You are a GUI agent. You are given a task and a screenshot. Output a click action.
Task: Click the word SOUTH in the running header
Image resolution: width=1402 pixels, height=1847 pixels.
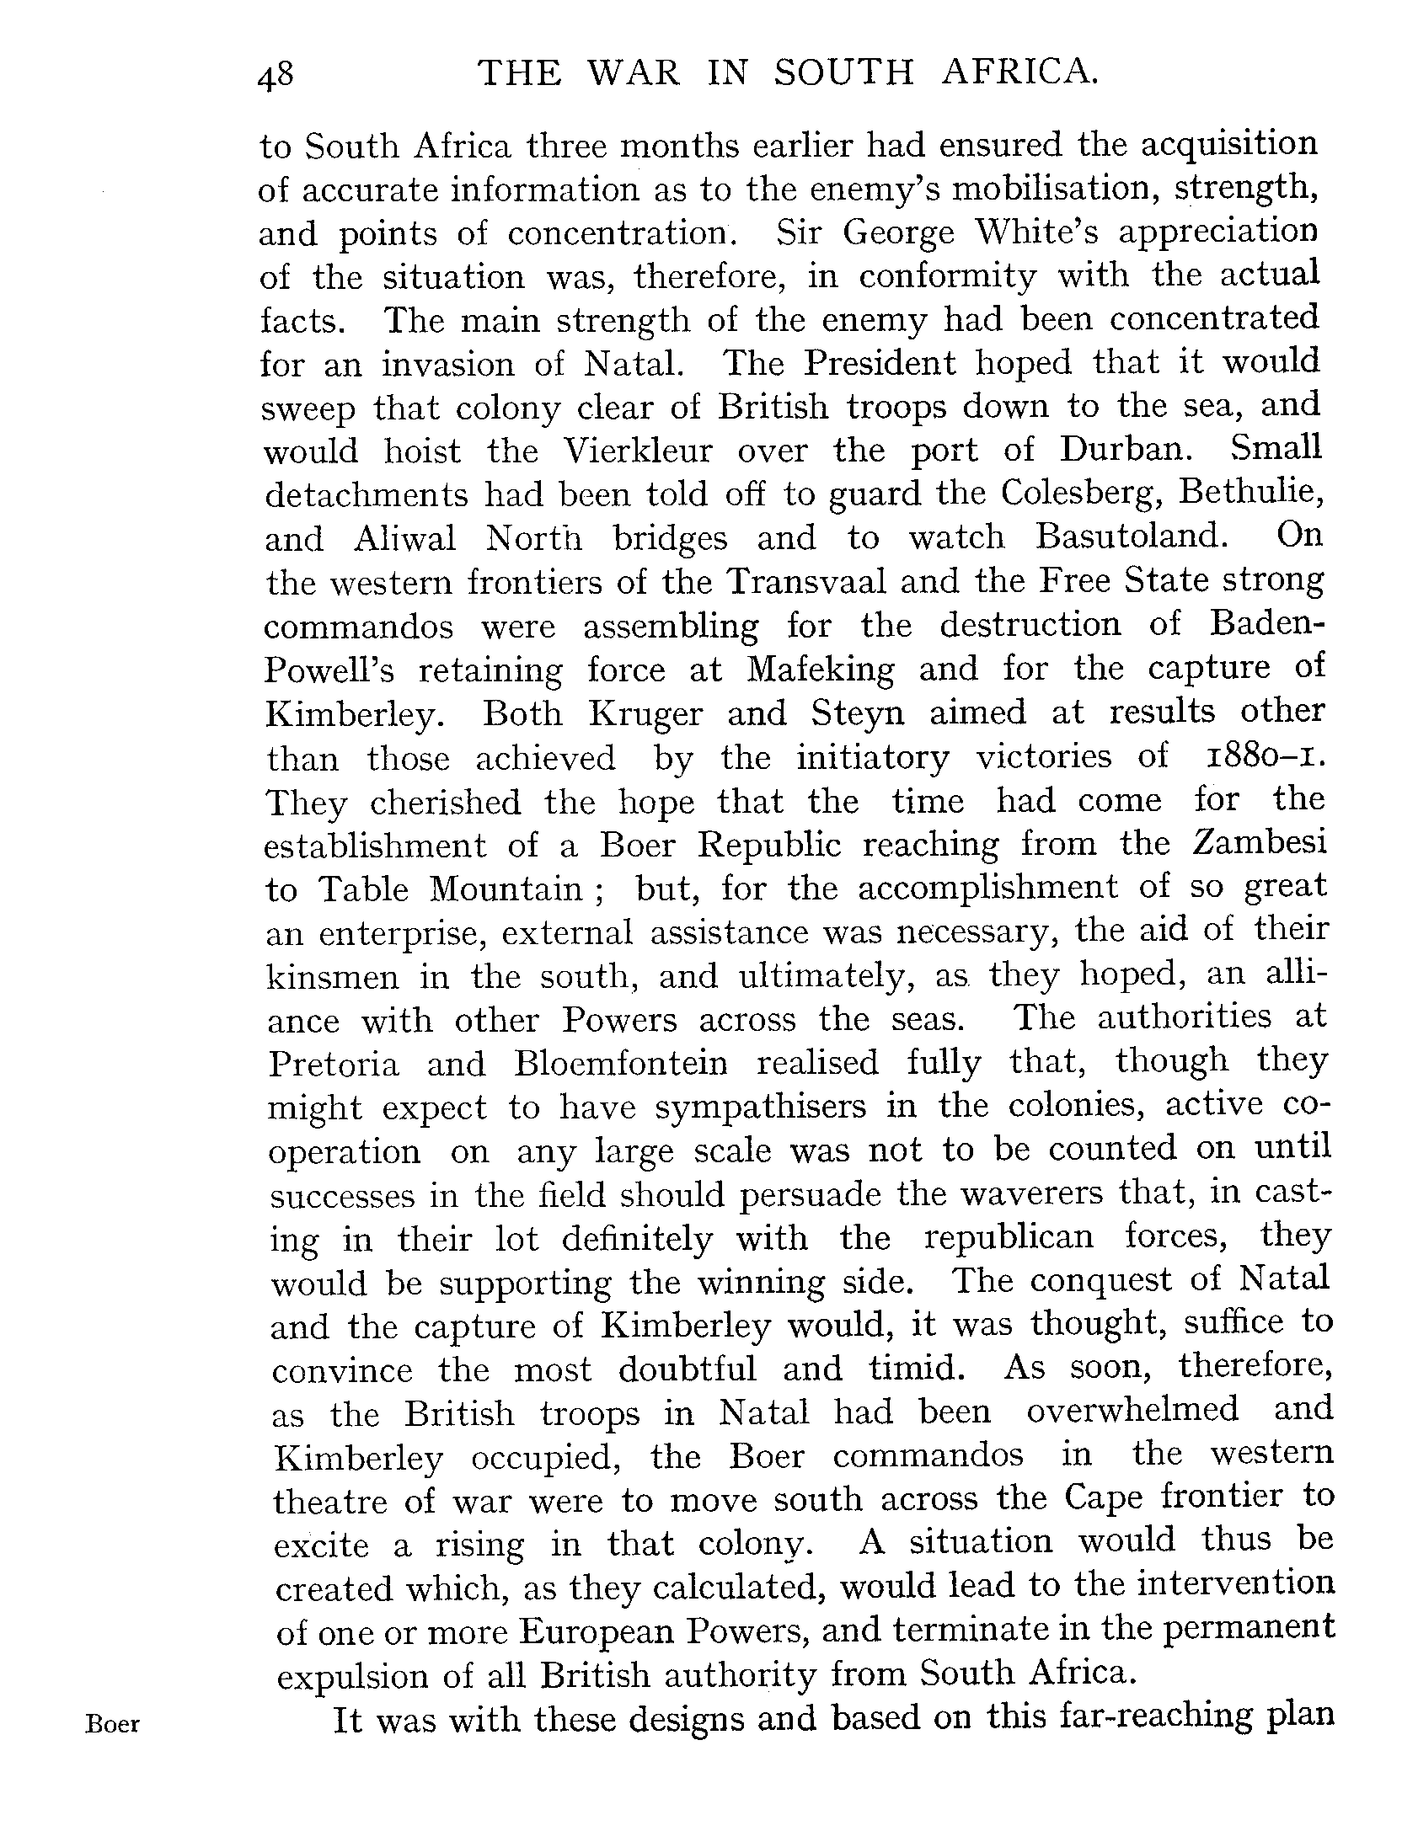[843, 74]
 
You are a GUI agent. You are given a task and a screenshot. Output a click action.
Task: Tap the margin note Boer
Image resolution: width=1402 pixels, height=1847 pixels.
[112, 1726]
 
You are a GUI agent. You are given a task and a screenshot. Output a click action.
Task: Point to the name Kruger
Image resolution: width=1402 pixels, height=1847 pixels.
[645, 714]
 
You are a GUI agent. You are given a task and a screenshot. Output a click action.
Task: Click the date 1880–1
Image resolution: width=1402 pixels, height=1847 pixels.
[1259, 756]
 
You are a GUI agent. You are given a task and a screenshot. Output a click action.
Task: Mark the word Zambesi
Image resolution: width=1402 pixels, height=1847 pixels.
[1259, 845]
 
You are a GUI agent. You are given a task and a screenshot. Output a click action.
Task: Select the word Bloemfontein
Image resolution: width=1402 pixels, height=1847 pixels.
[620, 1064]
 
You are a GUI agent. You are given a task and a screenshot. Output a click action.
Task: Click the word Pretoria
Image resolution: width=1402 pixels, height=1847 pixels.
[334, 1065]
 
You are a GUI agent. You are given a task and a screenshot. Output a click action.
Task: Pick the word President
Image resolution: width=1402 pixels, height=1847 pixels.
[879, 363]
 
